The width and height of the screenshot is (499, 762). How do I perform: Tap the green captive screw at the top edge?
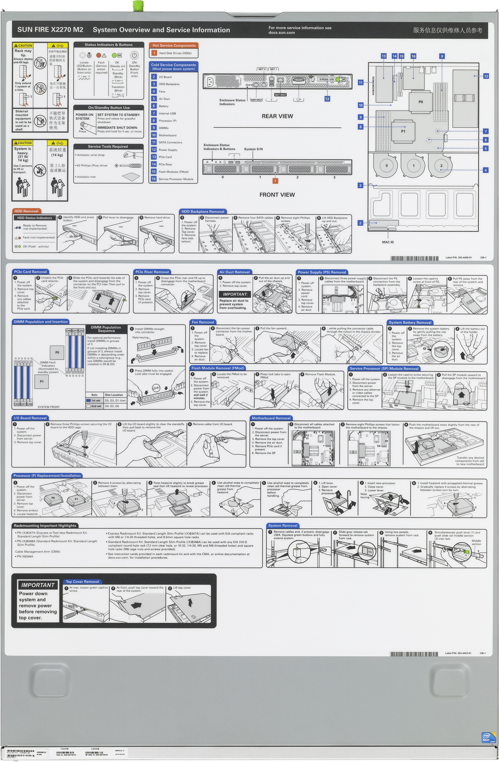click(x=138, y=5)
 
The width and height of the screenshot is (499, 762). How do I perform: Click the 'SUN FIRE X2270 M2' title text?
click(x=50, y=30)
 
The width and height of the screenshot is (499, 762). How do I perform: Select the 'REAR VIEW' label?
click(x=277, y=116)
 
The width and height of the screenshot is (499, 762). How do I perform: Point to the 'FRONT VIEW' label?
click(x=277, y=195)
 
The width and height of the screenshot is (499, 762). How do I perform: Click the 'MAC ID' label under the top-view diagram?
click(x=388, y=242)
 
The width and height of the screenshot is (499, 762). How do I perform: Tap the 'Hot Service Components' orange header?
click(x=174, y=45)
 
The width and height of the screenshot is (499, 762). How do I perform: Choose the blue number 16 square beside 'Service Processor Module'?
click(x=154, y=179)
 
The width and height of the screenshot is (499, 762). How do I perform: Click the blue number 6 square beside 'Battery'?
click(x=154, y=106)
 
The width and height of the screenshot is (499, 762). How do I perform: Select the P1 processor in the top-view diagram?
click(x=403, y=131)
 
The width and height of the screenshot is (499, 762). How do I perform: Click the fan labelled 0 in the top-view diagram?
click(x=387, y=165)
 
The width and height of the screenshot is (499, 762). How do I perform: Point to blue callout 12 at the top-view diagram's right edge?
click(x=486, y=76)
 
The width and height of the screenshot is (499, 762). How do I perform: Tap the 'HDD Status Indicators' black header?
click(x=34, y=218)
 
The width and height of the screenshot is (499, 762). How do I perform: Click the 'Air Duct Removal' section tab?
click(x=234, y=272)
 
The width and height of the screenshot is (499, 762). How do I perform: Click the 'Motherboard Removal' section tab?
click(x=271, y=418)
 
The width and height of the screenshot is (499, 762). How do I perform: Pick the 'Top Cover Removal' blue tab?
click(x=82, y=582)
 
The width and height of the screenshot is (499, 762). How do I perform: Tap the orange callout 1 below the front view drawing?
click(x=275, y=181)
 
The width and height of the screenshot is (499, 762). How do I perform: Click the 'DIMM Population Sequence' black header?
click(x=106, y=329)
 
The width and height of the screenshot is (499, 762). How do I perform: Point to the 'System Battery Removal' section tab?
click(x=410, y=323)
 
